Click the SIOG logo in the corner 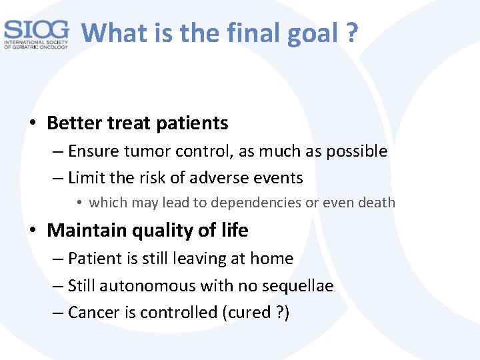36,34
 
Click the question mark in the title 351,31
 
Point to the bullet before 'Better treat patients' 33,124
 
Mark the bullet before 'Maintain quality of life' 33,231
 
